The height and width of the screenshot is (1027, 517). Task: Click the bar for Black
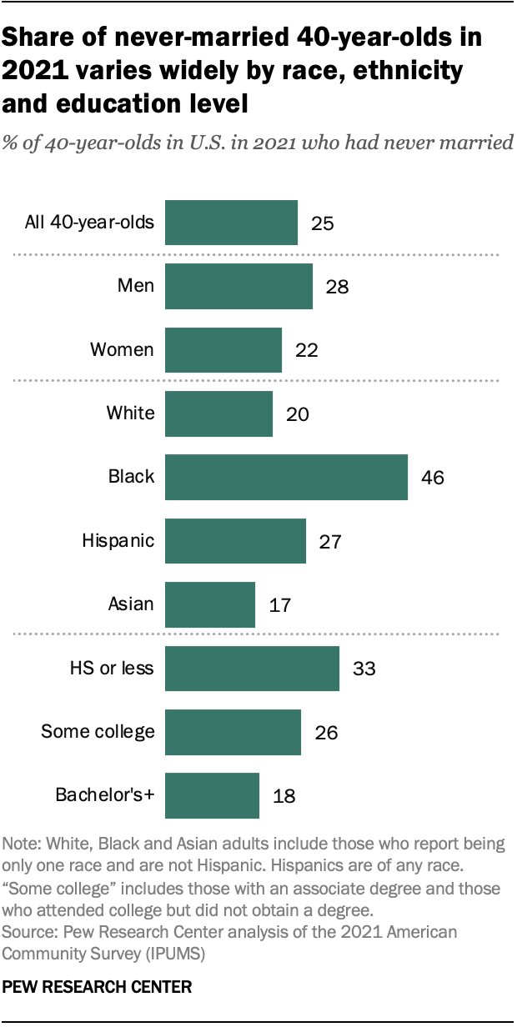pos(286,477)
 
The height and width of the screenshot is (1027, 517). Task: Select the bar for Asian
pos(210,604)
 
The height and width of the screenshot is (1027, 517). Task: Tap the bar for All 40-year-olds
pos(231,223)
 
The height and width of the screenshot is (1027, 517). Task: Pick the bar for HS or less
pos(252,668)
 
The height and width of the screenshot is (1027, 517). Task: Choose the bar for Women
pos(223,350)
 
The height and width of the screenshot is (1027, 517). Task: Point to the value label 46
pos(434,478)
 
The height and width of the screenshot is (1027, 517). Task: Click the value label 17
pos(281,604)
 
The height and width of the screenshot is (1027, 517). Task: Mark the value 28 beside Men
pos(338,287)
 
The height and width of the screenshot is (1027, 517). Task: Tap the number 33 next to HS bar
pos(364,669)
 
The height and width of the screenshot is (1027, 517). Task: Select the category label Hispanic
pos(118,540)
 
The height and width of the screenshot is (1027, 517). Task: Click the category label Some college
pos(98,732)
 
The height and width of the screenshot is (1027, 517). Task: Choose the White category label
pos(131,413)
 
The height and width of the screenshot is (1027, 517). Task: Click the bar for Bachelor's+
pos(213,795)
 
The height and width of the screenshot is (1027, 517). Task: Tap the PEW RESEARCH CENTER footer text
pos(98,987)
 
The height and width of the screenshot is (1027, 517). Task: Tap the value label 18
pos(285,796)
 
